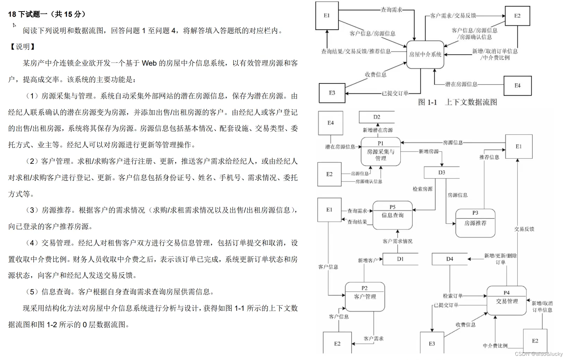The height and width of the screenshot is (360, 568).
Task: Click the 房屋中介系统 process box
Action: [425, 54]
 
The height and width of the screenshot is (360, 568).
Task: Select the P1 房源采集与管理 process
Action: [381, 152]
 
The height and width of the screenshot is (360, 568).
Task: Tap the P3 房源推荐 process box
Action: [475, 223]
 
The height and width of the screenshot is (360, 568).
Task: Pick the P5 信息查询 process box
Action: [392, 215]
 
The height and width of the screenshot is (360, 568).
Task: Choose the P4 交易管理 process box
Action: [507, 301]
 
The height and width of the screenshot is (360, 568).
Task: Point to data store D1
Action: [400, 259]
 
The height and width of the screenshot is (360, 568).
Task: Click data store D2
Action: [377, 117]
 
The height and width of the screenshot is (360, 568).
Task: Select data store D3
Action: [442, 172]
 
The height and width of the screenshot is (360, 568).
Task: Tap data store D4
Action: [450, 259]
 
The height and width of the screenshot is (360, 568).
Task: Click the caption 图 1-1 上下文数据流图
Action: [457, 102]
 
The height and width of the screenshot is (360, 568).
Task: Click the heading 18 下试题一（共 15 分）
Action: [47, 14]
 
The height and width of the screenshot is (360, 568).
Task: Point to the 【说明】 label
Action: [23, 47]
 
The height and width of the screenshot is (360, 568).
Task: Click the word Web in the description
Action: [149, 63]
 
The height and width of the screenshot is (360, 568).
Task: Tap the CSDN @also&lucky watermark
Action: [539, 354]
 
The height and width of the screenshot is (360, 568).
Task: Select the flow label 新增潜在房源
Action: [377, 130]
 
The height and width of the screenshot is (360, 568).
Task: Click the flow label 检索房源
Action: [422, 189]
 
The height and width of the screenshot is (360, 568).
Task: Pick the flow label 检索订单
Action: [453, 296]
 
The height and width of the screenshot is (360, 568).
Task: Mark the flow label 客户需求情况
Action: [397, 241]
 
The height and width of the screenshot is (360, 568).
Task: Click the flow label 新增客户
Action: [368, 260]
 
